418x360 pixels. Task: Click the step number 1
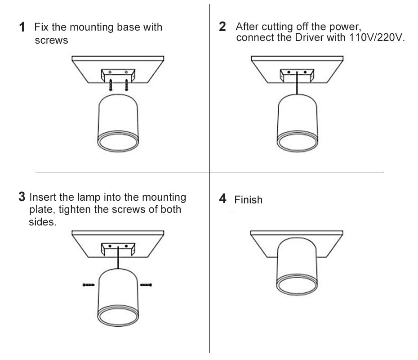(x=22, y=27)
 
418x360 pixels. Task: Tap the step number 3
(x=22, y=197)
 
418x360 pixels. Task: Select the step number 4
(x=223, y=199)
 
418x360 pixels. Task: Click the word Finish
(x=248, y=200)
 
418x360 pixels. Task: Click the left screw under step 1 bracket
(x=110, y=84)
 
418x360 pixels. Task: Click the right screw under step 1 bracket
(x=127, y=84)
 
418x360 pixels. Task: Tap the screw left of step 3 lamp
(x=89, y=284)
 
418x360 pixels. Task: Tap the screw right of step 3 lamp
(x=147, y=284)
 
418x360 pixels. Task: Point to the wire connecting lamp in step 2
(x=297, y=85)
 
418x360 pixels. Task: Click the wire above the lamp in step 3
(x=118, y=259)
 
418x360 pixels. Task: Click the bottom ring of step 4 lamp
(x=297, y=287)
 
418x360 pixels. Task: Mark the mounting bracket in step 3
(x=118, y=248)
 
